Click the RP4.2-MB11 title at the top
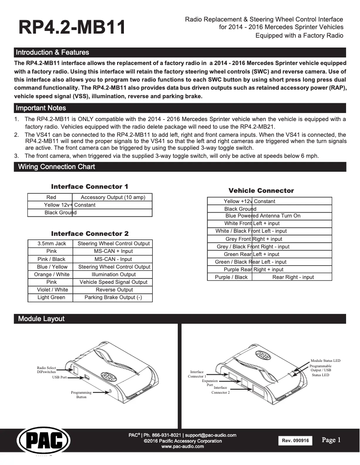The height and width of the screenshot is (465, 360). pos(72,27)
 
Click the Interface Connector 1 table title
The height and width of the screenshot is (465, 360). pos(90,187)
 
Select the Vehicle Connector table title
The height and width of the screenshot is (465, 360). pos(261,191)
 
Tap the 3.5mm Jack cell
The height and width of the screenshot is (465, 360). pos(52,243)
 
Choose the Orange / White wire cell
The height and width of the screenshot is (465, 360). pos(52,274)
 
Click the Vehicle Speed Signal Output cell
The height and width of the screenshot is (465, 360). pos(114,282)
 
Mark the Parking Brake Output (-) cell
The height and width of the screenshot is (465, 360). pos(114,297)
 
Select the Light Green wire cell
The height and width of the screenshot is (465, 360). pos(52,297)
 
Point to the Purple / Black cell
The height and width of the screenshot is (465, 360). pos(231,277)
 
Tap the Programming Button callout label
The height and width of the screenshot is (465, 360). pos(81,395)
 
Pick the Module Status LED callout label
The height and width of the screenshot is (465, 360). pos(325,360)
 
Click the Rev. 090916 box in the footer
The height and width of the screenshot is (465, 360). pos(295,441)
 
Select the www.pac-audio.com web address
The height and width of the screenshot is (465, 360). pos(182,447)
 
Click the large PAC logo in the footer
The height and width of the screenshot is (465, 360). pos(40,441)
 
